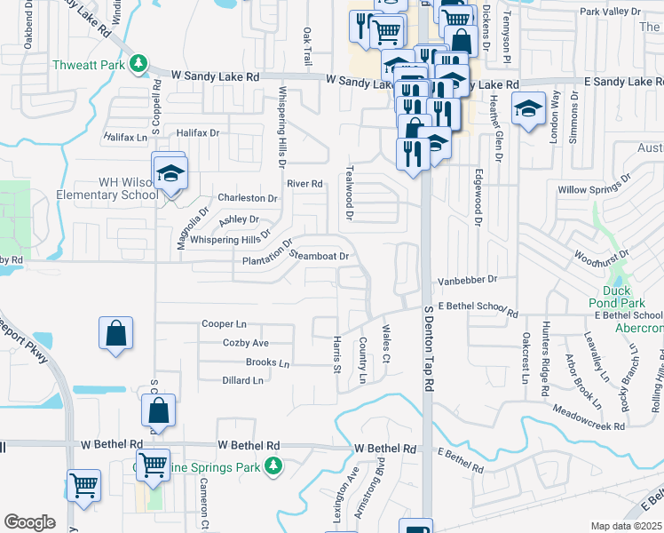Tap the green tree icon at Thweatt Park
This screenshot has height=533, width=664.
coord(138,63)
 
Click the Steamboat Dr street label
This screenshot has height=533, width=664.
coord(318,256)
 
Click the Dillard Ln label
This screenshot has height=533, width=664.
coord(244,380)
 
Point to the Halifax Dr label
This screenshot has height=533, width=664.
coord(197,132)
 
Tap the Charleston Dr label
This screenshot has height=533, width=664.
coord(248,198)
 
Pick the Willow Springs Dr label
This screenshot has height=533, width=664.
coord(593,190)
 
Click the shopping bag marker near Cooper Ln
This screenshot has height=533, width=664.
coord(116,334)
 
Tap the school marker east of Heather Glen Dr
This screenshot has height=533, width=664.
coord(528,110)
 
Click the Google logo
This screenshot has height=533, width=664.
coord(29,522)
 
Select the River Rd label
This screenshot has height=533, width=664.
coord(304,184)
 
